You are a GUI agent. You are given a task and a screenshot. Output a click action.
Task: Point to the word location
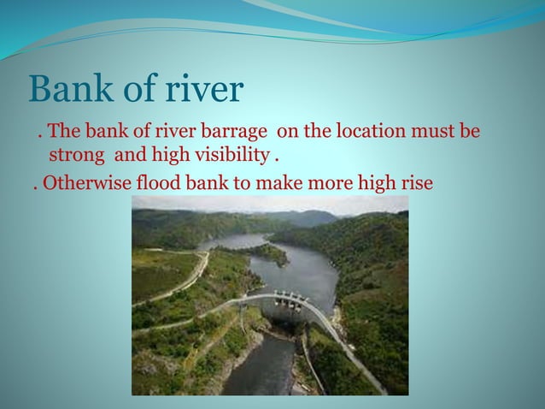[x=356, y=135]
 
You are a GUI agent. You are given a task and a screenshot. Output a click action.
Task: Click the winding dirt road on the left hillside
[x=184, y=282]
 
